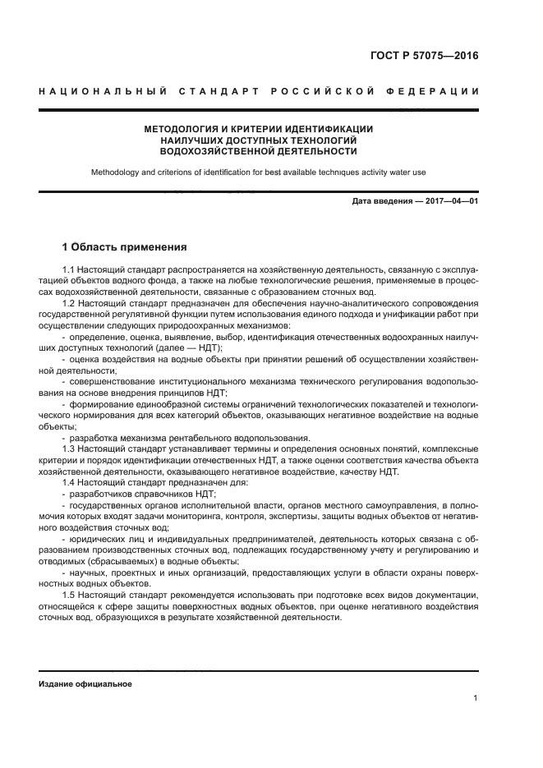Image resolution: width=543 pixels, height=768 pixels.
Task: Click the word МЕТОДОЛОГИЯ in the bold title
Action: (185, 129)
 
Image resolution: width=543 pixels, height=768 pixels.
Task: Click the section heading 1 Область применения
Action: (124, 246)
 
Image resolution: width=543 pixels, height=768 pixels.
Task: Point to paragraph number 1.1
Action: (69, 269)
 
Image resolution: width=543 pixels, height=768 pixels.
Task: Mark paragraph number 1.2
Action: (69, 303)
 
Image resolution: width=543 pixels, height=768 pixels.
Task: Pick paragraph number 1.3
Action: (69, 448)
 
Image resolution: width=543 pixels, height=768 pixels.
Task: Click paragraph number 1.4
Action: (69, 482)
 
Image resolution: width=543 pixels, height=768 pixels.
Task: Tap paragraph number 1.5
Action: (69, 593)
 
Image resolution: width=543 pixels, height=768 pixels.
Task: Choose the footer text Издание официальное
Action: (85, 683)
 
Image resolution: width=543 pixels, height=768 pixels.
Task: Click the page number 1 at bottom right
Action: (476, 698)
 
